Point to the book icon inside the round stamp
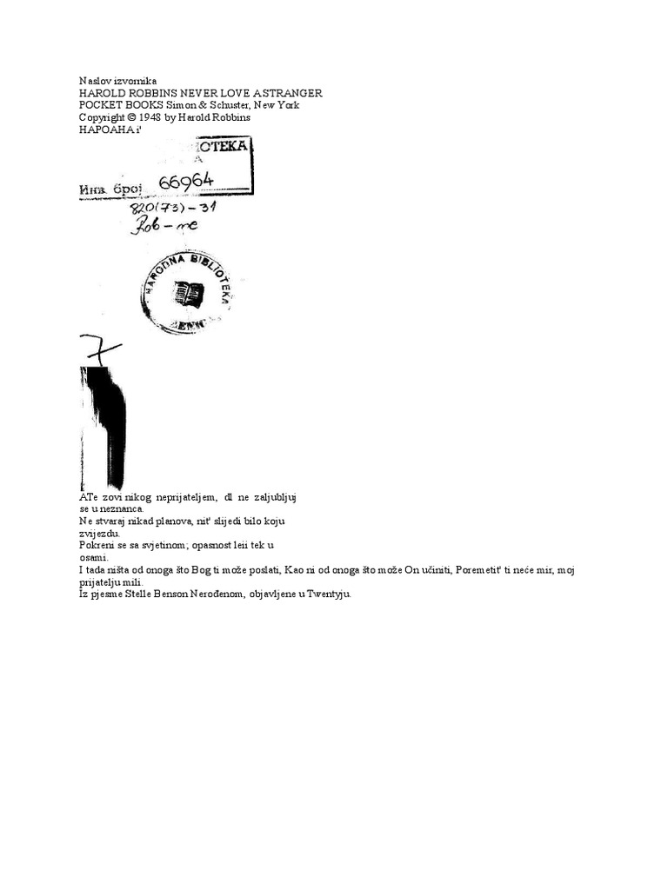(x=188, y=293)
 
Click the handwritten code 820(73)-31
(x=173, y=209)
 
